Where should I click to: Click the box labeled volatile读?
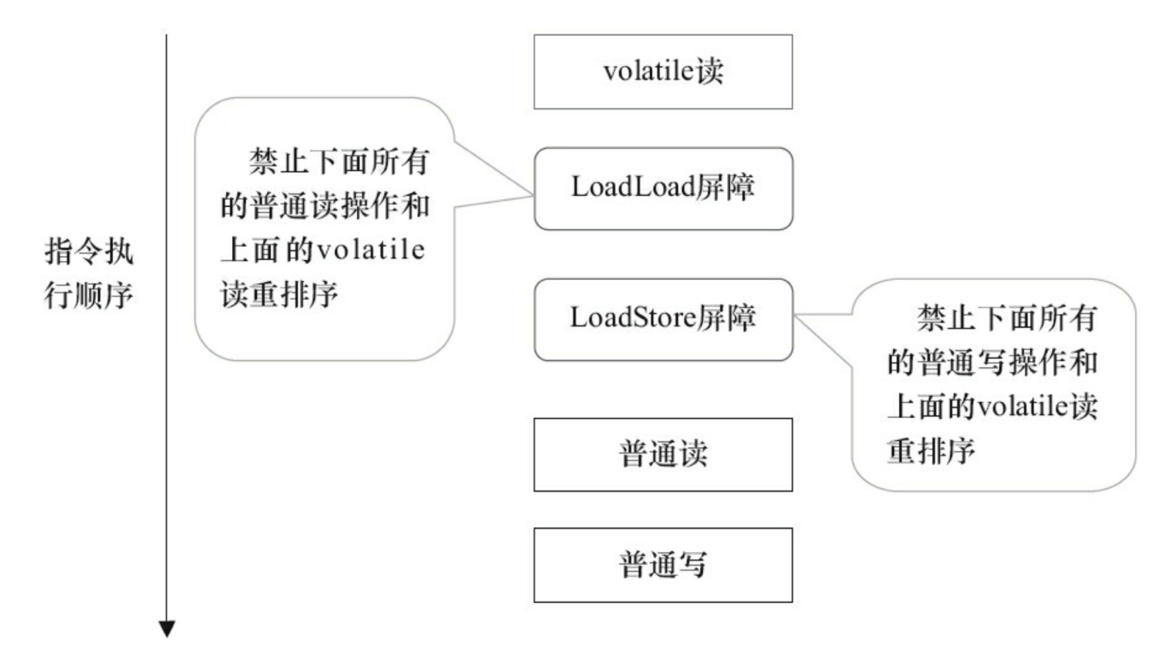[x=663, y=72]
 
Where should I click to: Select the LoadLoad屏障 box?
[x=663, y=189]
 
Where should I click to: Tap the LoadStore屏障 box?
[x=663, y=319]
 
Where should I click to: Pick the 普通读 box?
[x=663, y=455]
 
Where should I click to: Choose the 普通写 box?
[x=663, y=565]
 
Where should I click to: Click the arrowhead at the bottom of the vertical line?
[x=167, y=629]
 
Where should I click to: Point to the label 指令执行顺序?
[x=89, y=273]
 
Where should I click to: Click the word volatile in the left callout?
[x=371, y=250]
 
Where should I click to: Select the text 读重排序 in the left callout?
[x=279, y=295]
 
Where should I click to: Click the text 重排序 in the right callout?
[x=931, y=451]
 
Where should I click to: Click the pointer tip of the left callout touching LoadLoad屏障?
[x=533, y=195]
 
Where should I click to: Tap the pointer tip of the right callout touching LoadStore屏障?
[x=794, y=315]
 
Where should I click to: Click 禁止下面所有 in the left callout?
[x=340, y=161]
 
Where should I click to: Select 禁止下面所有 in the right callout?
[x=1007, y=318]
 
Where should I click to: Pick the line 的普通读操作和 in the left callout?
[x=325, y=206]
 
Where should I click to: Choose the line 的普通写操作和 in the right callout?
[x=993, y=362]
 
